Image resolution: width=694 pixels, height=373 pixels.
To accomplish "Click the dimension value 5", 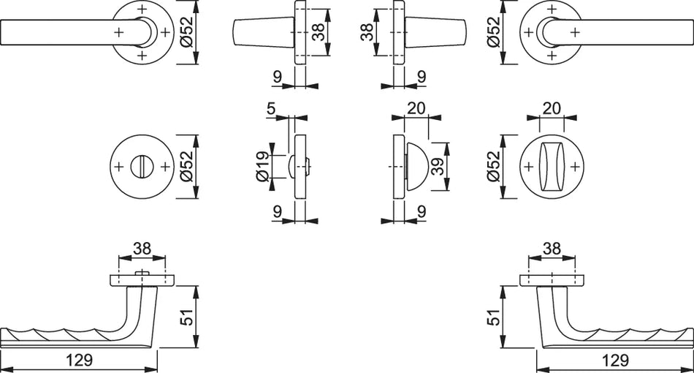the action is click(271, 108).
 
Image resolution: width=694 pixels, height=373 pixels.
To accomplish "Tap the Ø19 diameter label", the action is click(262, 167).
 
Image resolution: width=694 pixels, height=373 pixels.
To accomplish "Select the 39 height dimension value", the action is click(438, 167).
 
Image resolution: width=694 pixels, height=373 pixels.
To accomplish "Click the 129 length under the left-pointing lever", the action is click(80, 360).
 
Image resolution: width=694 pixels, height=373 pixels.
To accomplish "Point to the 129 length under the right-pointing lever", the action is click(615, 360).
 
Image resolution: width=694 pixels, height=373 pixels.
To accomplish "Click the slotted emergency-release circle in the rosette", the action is click(142, 167).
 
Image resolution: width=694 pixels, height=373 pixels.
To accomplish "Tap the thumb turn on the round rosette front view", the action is click(552, 167).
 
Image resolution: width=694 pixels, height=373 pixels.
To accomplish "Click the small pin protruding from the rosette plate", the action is click(142, 273).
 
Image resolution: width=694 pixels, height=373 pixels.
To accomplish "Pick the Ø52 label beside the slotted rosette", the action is click(186, 167).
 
